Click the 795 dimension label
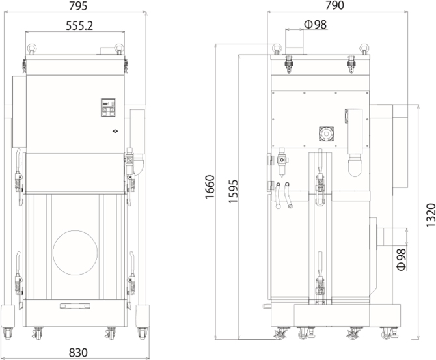[x=78, y=6]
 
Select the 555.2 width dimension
[x=79, y=26]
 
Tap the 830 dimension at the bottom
[x=78, y=353]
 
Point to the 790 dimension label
[x=334, y=5]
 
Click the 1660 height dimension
[x=210, y=187]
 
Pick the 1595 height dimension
[x=234, y=191]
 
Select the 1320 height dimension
[x=431, y=215]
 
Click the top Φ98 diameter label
[x=316, y=25]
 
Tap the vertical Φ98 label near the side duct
[x=402, y=259]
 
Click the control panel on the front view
[x=108, y=107]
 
